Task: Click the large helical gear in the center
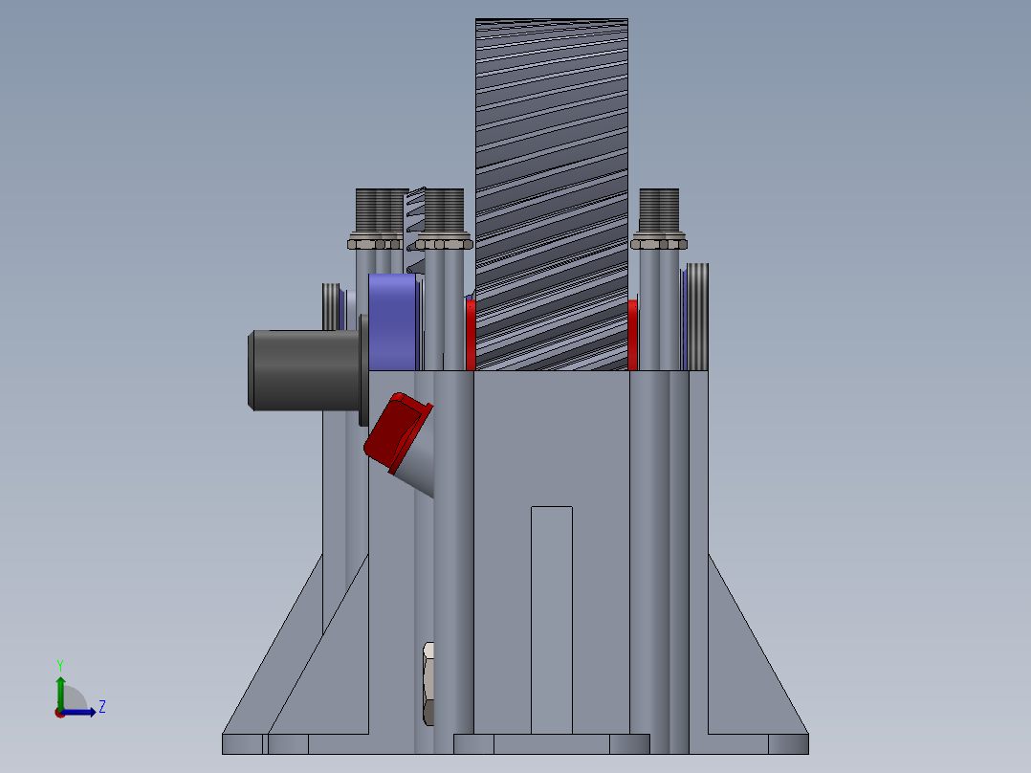[552, 191]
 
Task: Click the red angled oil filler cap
[396, 431]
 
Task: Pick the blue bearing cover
[392, 321]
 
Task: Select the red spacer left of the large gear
[471, 334]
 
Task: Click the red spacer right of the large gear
[633, 334]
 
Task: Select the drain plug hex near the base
[428, 682]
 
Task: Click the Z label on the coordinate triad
[102, 707]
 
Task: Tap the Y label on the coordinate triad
[59, 665]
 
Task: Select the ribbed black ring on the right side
[698, 316]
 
